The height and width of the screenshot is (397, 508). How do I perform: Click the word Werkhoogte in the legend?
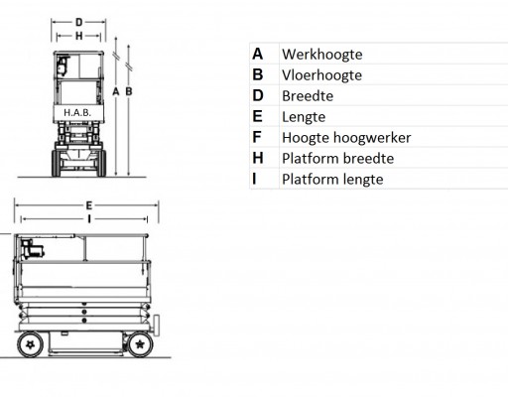(x=322, y=55)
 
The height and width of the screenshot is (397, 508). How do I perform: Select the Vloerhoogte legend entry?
(x=321, y=75)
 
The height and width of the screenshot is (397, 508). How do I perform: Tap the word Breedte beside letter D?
(x=308, y=96)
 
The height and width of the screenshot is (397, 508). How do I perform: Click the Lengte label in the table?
(x=304, y=117)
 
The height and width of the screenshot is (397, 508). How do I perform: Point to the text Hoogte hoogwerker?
(x=346, y=138)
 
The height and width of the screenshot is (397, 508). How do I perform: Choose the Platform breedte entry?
(x=337, y=159)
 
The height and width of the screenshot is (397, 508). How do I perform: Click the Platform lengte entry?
(x=332, y=180)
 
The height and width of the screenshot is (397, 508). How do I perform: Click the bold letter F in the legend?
(x=257, y=137)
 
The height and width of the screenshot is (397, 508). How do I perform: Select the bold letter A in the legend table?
(x=258, y=54)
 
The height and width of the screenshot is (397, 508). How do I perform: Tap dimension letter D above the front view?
(x=78, y=22)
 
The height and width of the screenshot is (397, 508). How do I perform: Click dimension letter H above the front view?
(x=78, y=36)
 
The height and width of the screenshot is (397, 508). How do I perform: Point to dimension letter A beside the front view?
(x=115, y=91)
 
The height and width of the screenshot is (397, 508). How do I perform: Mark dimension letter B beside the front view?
(x=129, y=91)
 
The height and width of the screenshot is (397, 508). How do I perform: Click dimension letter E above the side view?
(x=88, y=205)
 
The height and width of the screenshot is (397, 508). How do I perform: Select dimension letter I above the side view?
(x=89, y=218)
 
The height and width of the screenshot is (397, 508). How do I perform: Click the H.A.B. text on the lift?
(x=77, y=113)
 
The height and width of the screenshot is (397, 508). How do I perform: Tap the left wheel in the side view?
(x=30, y=344)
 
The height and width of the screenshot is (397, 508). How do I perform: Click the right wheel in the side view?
(x=140, y=344)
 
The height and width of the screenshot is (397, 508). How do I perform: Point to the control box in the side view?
(x=32, y=249)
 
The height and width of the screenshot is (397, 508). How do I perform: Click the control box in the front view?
(x=63, y=66)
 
